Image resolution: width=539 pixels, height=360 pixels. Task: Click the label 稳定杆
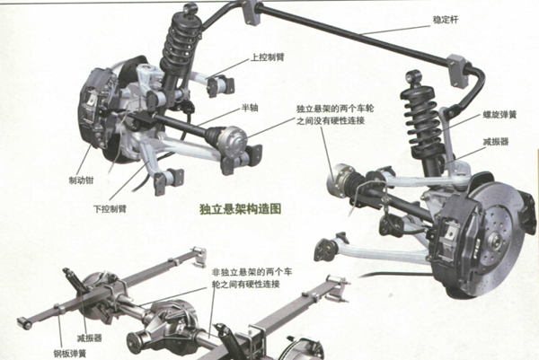click(x=446, y=20)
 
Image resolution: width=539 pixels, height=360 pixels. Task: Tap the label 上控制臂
click(x=268, y=57)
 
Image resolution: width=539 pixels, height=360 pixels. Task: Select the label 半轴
click(x=250, y=108)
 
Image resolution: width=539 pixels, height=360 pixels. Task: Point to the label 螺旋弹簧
click(x=499, y=115)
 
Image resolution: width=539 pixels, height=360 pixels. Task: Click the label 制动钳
click(x=81, y=180)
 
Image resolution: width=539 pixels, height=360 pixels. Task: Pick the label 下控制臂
click(x=110, y=208)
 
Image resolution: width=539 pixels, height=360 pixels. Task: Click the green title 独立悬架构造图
click(x=241, y=209)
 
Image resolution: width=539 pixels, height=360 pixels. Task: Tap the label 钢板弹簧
click(x=69, y=354)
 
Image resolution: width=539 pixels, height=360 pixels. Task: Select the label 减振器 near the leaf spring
click(x=89, y=338)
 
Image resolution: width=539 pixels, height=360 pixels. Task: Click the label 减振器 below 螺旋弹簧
click(x=496, y=142)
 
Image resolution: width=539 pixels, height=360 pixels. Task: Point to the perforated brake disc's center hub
click(x=495, y=238)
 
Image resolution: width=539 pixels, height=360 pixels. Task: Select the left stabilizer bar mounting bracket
click(x=251, y=13)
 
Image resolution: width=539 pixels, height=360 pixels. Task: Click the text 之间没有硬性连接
click(x=331, y=121)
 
